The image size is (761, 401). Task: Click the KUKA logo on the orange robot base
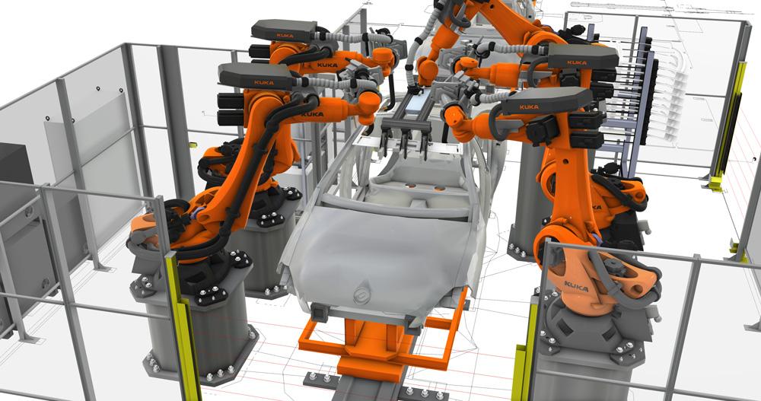[576, 286]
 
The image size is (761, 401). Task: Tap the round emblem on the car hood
[361, 294]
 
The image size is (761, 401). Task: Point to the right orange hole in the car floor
[440, 188]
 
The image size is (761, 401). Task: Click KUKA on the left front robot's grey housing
[264, 82]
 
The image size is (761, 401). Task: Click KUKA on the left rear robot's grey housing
[285, 36]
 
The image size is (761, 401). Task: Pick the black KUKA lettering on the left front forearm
[312, 115]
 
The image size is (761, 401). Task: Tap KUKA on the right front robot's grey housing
[529, 107]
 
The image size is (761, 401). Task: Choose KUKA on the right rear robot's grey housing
[577, 62]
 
